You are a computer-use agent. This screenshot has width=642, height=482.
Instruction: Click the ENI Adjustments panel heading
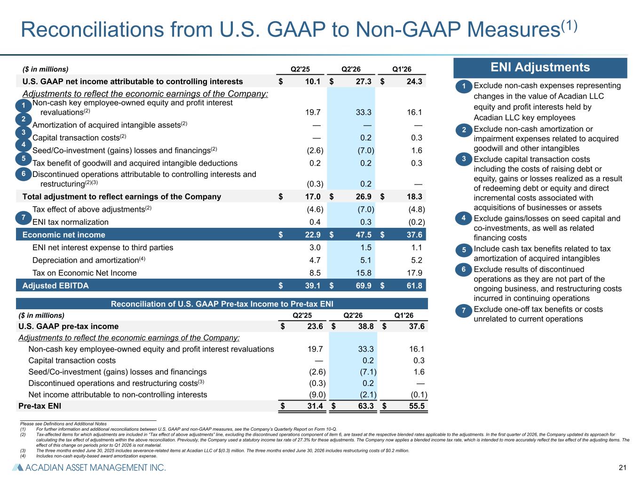pos(540,67)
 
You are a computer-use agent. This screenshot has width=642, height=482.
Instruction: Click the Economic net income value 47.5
pos(364,235)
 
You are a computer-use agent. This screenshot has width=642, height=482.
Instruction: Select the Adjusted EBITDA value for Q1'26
pos(414,286)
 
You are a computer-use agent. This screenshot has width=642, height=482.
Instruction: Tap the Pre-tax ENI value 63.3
pos(366,406)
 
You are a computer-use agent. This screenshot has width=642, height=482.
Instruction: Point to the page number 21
pos(622,468)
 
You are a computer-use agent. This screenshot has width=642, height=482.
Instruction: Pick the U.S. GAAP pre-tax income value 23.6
pos(315,326)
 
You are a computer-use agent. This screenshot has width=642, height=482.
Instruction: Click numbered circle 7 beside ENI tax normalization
pos(24,218)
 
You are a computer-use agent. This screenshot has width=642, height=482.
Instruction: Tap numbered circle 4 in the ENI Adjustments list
pos(464,218)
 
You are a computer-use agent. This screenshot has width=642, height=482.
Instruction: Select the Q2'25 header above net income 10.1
pos(300,69)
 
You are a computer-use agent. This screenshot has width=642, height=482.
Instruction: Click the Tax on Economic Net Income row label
pos(85,273)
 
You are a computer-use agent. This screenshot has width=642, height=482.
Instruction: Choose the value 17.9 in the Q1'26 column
pos(414,273)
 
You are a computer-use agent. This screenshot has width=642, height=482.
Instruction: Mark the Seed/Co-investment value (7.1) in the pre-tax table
pos(368,372)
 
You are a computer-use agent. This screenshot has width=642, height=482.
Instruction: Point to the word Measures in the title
pos(513,30)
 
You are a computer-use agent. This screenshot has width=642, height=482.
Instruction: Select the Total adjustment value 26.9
pos(364,197)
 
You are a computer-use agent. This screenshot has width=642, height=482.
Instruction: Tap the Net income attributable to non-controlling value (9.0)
pos(317,395)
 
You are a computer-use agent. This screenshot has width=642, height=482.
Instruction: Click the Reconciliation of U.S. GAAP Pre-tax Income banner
pos(222,304)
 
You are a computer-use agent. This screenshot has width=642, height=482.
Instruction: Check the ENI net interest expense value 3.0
pos(315,248)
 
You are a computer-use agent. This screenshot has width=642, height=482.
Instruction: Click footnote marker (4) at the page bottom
pos(23,456)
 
